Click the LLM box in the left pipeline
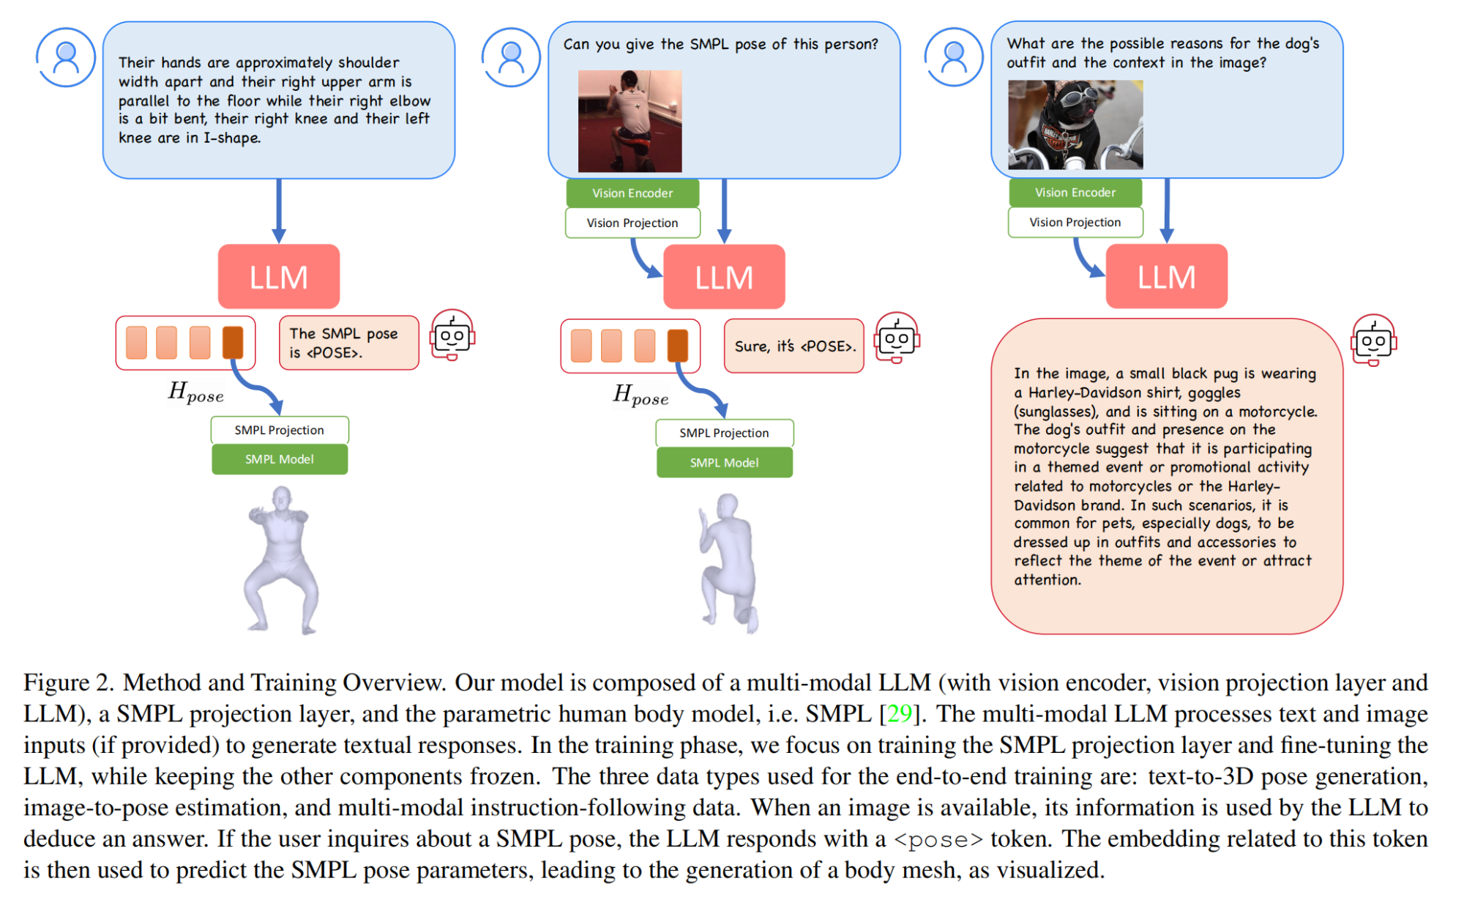click(x=278, y=277)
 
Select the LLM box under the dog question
click(x=1166, y=277)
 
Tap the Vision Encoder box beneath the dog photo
click(x=1075, y=193)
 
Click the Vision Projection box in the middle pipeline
click(x=632, y=223)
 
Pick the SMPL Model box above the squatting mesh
click(x=279, y=459)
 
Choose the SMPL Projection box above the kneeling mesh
click(x=724, y=433)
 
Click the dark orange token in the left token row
click(x=233, y=342)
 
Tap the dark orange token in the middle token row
click(x=678, y=345)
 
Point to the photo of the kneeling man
click(x=630, y=122)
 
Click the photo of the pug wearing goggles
click(x=1075, y=125)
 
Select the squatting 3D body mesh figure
click(x=282, y=560)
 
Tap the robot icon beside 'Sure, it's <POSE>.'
click(x=897, y=338)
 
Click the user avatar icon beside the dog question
click(x=954, y=57)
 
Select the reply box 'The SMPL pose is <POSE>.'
click(x=348, y=343)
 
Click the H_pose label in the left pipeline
click(x=195, y=393)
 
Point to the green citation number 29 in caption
click(x=900, y=713)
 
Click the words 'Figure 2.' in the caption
click(x=69, y=683)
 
